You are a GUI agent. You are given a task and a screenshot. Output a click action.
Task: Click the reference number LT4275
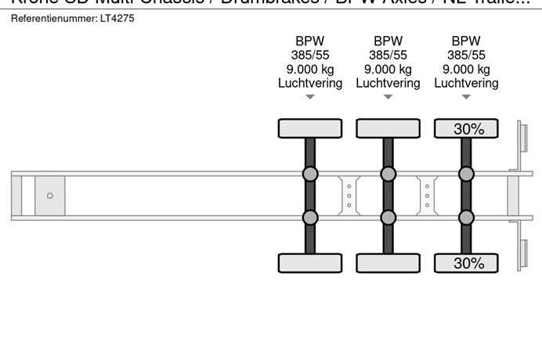[117, 18]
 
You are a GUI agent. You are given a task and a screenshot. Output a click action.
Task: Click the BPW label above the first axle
[310, 41]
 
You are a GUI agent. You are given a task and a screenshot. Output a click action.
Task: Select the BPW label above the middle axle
[388, 41]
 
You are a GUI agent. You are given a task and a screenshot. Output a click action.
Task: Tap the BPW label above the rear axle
[466, 41]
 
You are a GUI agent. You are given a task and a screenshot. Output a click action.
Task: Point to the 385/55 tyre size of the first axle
[310, 55]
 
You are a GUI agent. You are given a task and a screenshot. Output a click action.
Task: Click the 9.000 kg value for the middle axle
[388, 69]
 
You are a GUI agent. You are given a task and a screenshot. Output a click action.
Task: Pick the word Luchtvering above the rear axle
[466, 83]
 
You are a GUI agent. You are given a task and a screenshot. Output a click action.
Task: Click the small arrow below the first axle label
[310, 97]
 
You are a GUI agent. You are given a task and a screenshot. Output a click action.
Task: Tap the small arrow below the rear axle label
[466, 97]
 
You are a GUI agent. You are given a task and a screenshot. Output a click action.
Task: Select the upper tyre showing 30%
[466, 128]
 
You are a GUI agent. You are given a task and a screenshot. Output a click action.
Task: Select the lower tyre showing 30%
[466, 263]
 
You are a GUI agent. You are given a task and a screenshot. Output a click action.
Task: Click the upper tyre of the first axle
[310, 128]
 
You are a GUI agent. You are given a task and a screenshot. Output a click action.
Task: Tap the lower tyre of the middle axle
[388, 263]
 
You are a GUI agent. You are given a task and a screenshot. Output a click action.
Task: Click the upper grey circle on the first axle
[310, 174]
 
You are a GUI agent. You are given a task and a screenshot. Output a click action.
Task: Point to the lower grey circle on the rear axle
[466, 217]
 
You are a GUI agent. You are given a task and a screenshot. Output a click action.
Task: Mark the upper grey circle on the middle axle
[388, 174]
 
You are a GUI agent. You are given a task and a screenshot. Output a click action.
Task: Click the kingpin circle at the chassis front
[49, 196]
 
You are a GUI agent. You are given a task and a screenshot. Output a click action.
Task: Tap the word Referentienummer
[49, 18]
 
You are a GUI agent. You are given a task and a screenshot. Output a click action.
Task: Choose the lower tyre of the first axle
[310, 263]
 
